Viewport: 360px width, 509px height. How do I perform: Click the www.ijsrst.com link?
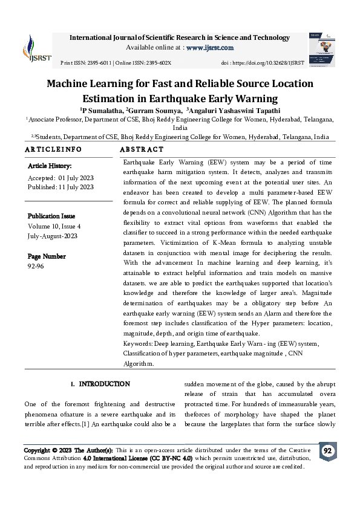click(209, 48)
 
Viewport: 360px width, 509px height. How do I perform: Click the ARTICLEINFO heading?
click(53, 149)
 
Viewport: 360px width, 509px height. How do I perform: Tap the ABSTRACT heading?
click(142, 149)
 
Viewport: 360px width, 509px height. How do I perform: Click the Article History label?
click(50, 166)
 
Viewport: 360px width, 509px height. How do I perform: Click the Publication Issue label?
click(51, 216)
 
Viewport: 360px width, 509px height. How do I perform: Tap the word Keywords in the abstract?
click(137, 343)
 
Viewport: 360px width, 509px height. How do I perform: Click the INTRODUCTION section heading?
click(104, 384)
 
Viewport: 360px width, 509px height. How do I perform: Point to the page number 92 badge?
click(327, 452)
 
